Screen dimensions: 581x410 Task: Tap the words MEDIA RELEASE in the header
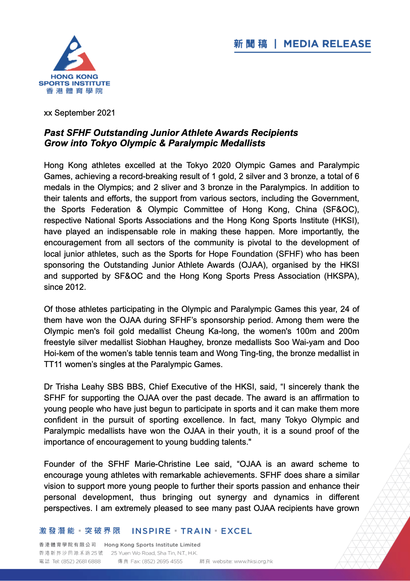point(327,44)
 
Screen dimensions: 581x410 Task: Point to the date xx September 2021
point(80,113)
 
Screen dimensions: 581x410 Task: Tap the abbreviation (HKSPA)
point(341,276)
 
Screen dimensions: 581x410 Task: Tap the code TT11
point(53,364)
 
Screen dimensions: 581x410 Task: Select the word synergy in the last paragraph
point(232,497)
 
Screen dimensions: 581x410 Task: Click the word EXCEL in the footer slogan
point(236,531)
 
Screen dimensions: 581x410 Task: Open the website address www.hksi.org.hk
point(253,561)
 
